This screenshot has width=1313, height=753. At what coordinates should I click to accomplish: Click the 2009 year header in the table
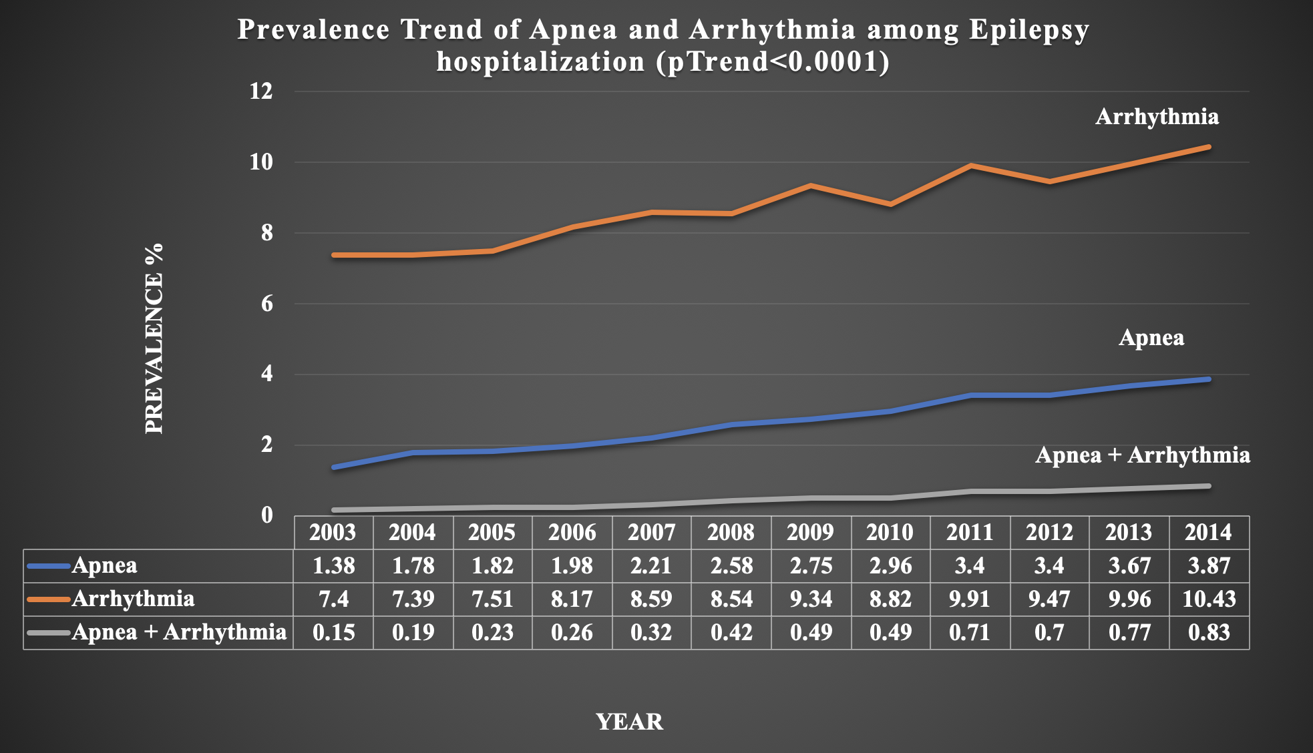(810, 533)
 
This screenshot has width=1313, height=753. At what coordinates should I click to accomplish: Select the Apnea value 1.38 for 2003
(333, 566)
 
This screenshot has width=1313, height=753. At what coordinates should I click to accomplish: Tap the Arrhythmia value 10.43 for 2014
(1209, 599)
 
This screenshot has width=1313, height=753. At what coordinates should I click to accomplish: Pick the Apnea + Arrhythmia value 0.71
(969, 632)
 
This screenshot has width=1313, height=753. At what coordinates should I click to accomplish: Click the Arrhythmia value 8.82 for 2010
(890, 599)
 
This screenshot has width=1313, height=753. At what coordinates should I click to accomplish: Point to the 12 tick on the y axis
(261, 91)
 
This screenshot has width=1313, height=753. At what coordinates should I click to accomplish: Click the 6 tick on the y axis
(266, 304)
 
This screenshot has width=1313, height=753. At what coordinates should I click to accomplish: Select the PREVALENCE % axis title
(154, 338)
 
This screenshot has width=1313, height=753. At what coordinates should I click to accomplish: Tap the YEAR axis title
(629, 722)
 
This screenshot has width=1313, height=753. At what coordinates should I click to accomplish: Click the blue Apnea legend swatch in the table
(49, 566)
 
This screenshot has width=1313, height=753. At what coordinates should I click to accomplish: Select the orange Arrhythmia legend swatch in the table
(49, 599)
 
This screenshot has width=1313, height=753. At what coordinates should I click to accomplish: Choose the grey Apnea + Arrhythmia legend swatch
(49, 632)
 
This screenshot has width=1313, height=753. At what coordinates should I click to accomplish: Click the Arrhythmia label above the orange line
(1157, 117)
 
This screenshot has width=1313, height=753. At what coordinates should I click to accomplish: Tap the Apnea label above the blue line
(1151, 338)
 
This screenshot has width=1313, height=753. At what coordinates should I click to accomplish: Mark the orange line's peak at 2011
(970, 166)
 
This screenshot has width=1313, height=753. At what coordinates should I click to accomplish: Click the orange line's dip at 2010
(890, 204)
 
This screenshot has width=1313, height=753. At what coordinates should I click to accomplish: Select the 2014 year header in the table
(1208, 533)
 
